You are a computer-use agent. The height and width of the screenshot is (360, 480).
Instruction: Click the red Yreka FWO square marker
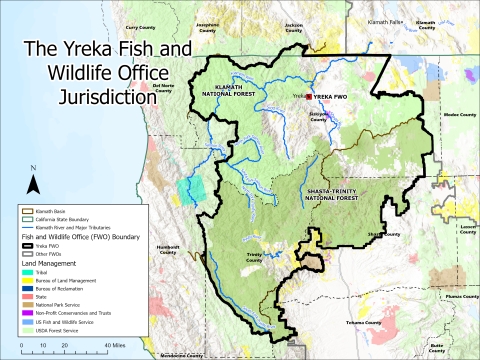[x=308, y=97]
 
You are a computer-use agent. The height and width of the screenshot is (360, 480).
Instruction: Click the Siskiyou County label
[x=318, y=117]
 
